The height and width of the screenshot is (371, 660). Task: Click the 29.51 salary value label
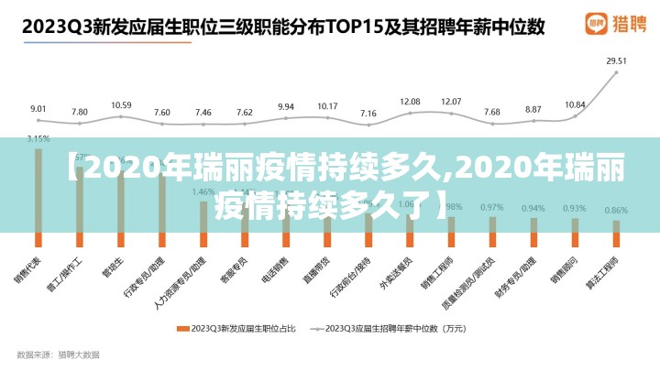pos(616,61)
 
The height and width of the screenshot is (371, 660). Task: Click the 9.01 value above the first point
pos(38,109)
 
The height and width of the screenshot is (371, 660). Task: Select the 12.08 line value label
pos(410,102)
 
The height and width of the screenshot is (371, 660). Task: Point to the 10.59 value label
pos(121,105)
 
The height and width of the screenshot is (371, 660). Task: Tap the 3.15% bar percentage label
pos(38,138)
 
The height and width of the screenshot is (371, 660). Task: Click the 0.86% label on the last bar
pos(616,211)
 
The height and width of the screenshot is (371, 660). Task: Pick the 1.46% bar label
pos(203,192)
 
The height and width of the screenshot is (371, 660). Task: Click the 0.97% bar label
pos(492,207)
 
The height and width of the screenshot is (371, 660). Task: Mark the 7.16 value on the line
pos(368,114)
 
